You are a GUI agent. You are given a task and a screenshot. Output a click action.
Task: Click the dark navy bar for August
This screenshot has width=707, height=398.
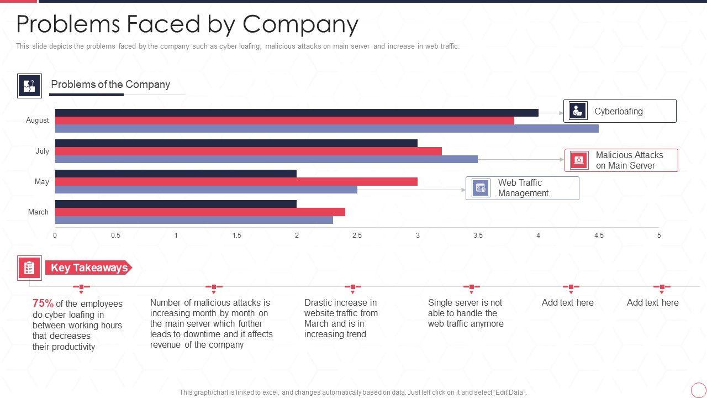[297, 113]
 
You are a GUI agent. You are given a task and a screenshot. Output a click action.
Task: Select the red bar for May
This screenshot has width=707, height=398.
[236, 182]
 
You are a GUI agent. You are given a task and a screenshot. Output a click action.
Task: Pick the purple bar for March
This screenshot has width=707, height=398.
[194, 220]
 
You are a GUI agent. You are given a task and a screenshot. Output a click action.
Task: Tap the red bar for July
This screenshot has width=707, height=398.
[248, 151]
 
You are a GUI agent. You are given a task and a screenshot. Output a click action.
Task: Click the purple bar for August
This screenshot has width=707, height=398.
[326, 129]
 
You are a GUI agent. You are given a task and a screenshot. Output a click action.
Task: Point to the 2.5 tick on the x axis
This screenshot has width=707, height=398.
[357, 235]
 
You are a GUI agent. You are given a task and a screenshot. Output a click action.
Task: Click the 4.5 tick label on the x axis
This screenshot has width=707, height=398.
[599, 235]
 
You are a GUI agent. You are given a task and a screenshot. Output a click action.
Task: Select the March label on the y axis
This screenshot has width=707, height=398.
[38, 212]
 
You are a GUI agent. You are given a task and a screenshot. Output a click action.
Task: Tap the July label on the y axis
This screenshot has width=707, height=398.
[42, 151]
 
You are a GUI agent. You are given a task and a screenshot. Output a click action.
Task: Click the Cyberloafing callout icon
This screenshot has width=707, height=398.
[578, 111]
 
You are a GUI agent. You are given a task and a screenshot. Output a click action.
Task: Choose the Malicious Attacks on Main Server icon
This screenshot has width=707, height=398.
[578, 160]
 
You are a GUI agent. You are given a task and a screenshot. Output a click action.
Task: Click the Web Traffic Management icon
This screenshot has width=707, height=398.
[481, 188]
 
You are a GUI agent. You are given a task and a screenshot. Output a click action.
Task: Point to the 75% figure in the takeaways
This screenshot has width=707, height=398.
[43, 303]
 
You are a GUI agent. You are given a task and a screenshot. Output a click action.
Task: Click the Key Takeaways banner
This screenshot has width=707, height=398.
[88, 268]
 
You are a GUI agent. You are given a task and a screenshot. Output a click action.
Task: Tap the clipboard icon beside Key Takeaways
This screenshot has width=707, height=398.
[29, 268]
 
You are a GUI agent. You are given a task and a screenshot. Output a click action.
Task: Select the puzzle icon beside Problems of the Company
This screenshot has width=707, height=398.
[29, 86]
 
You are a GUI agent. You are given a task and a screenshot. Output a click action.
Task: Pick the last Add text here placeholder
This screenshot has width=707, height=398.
[652, 303]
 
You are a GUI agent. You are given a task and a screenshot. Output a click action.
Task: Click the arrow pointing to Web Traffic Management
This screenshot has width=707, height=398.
[411, 190]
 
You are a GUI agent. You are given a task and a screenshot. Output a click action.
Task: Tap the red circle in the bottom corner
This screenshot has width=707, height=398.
[698, 390]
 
